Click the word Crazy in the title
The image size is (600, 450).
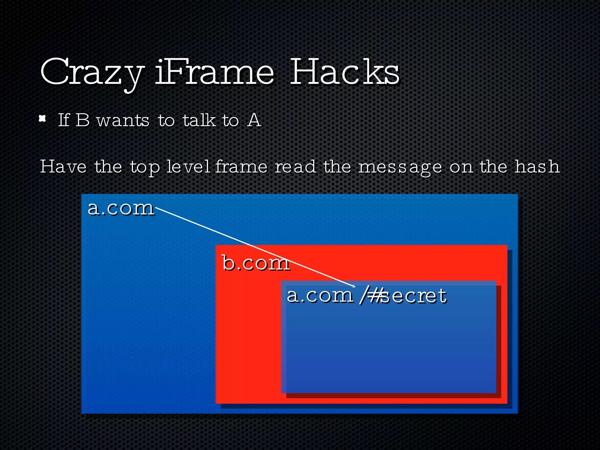click(91, 72)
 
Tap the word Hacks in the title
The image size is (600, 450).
click(345, 71)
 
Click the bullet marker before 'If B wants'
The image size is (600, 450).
click(42, 119)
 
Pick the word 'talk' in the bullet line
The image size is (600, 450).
click(199, 120)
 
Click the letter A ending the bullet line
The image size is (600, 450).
click(254, 120)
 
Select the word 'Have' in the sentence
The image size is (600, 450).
click(63, 167)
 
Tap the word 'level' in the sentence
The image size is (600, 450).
click(188, 167)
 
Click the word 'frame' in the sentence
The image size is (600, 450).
click(241, 167)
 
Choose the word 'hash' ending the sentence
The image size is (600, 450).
click(537, 167)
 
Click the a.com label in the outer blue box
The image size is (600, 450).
click(121, 208)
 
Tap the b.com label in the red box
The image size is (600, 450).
click(256, 263)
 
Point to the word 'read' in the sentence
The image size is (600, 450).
click(295, 167)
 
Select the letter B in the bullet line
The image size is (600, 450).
click(82, 120)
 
